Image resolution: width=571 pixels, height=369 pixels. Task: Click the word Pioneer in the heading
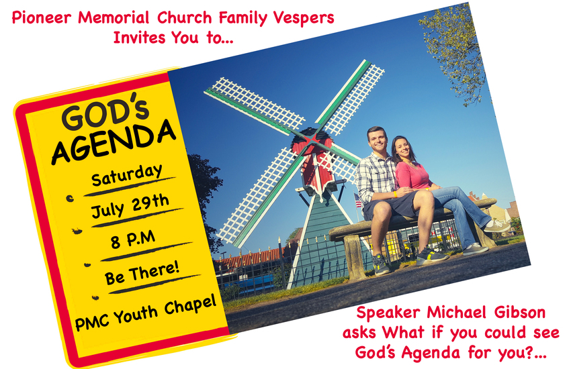click(x=41, y=17)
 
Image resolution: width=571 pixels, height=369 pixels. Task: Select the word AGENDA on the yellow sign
click(x=114, y=142)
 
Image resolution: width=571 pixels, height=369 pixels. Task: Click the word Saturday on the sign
click(x=127, y=175)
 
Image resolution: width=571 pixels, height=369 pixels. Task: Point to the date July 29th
click(x=130, y=207)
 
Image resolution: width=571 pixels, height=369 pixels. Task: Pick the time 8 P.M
click(x=133, y=240)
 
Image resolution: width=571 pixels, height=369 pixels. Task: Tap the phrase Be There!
click(x=142, y=273)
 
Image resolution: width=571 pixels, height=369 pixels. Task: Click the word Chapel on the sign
click(x=191, y=305)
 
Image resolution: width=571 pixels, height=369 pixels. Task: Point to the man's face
click(x=378, y=140)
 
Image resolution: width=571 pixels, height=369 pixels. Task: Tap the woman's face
click(x=404, y=149)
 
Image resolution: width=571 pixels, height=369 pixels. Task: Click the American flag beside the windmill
click(x=358, y=201)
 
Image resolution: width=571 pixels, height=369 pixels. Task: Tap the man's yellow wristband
click(x=396, y=194)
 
